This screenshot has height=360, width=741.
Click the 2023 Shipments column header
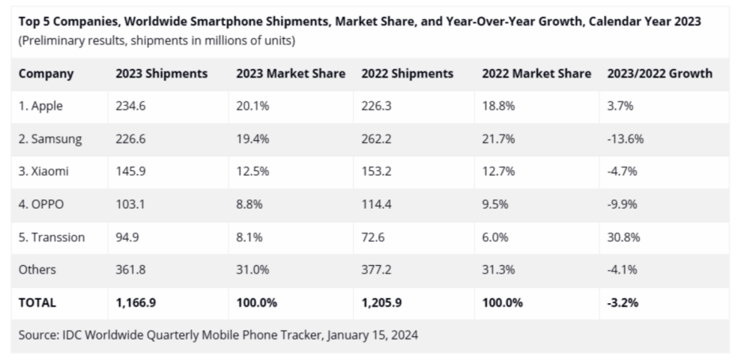(x=161, y=74)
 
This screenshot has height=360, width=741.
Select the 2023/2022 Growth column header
(x=659, y=74)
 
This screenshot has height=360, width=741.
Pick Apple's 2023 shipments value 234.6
(x=131, y=106)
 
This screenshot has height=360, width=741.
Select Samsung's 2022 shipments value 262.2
(x=376, y=138)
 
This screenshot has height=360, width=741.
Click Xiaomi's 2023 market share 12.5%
(x=253, y=171)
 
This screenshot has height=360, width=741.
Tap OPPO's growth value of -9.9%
(x=622, y=204)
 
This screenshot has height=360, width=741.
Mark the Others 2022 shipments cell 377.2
(x=376, y=269)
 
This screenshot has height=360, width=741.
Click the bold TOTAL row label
(x=37, y=301)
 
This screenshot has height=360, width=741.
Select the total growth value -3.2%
(x=622, y=301)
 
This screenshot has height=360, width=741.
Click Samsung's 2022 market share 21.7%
(x=498, y=138)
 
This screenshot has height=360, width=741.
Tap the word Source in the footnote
(x=38, y=335)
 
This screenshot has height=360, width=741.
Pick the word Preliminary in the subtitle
(x=53, y=40)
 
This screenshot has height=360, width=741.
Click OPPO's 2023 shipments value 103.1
(x=131, y=204)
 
